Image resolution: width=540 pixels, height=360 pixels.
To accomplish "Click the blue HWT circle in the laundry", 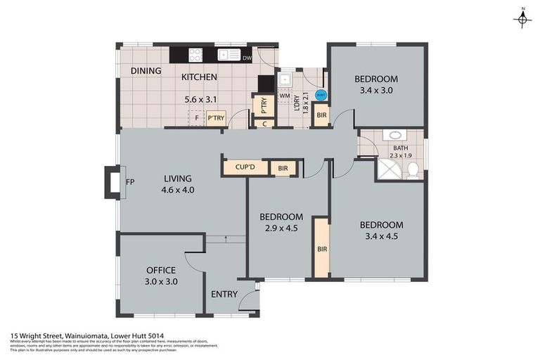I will pyautogui.click(x=321, y=95).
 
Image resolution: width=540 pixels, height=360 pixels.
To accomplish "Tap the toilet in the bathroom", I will pyautogui.click(x=413, y=169).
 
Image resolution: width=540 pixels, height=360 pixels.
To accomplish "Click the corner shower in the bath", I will pyautogui.click(x=387, y=169).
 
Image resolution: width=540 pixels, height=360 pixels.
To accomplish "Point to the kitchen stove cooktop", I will pyautogui.click(x=196, y=54).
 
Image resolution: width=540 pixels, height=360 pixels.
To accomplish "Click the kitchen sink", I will pyautogui.click(x=228, y=54).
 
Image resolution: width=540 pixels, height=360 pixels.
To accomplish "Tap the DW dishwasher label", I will pyautogui.click(x=247, y=58).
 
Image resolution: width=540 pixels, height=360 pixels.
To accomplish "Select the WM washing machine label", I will pyautogui.click(x=285, y=95).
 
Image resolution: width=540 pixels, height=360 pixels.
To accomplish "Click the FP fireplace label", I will pyautogui.click(x=129, y=182).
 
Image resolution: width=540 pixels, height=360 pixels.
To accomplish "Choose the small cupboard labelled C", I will pyautogui.click(x=264, y=124).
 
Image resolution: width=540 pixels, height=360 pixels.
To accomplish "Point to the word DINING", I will pyautogui.click(x=146, y=71).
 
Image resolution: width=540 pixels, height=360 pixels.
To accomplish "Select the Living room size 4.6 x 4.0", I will pyautogui.click(x=178, y=190).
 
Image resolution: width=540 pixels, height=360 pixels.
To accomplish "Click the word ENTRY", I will pyautogui.click(x=224, y=294).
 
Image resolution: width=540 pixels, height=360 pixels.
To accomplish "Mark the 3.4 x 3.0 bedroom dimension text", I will pyautogui.click(x=375, y=90).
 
